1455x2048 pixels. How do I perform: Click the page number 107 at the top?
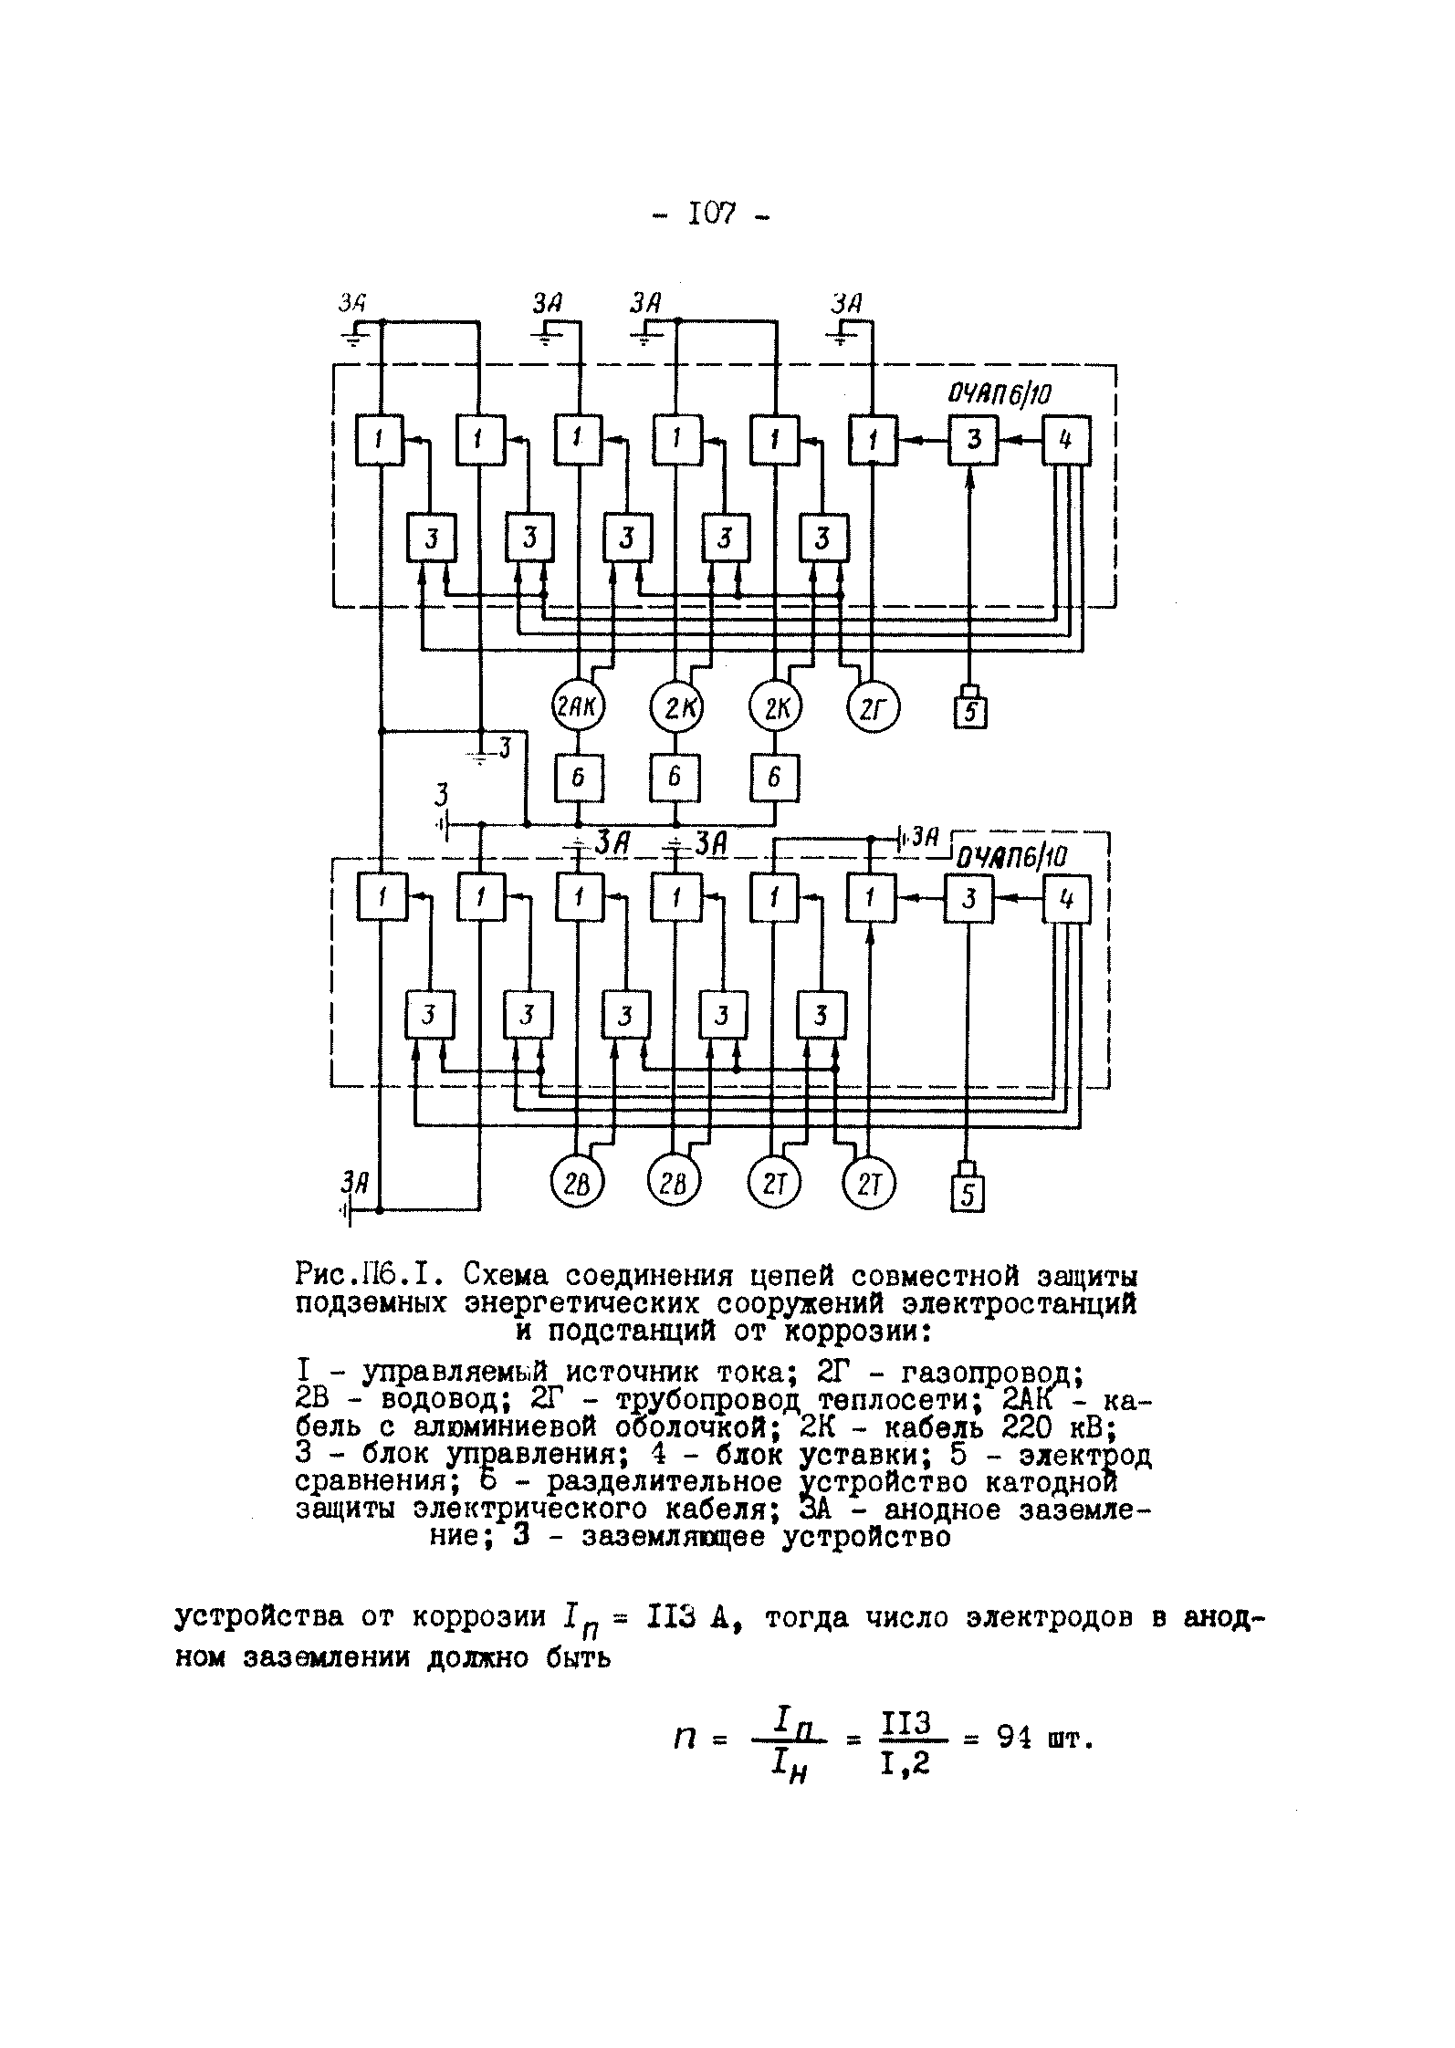712,215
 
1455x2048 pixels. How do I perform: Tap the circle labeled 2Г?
873,706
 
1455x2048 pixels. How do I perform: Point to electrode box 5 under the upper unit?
971,712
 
